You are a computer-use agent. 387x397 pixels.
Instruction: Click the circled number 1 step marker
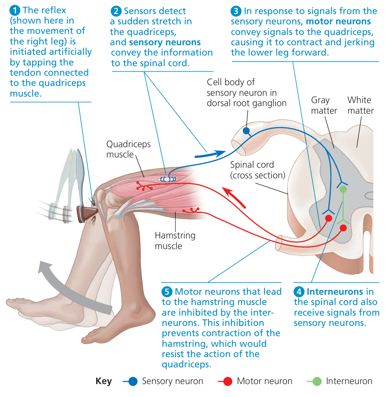click(16, 10)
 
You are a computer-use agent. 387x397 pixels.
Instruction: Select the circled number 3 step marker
click(236, 11)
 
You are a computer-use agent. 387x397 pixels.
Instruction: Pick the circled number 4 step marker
click(299, 292)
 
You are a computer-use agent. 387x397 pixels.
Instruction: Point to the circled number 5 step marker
click(167, 292)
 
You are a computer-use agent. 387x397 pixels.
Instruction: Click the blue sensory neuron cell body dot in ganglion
click(246, 131)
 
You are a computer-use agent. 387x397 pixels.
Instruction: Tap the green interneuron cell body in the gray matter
click(343, 189)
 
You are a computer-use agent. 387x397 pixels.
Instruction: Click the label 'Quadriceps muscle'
click(128, 149)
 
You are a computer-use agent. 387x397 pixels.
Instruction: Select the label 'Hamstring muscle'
click(175, 240)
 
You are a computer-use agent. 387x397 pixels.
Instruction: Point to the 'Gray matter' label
click(324, 105)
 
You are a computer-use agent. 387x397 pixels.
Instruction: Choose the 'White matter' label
click(360, 105)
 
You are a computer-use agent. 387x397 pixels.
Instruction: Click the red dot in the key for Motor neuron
click(228, 381)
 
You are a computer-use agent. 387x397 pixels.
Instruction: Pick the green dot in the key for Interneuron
click(317, 381)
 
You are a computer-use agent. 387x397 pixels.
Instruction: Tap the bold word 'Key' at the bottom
click(104, 381)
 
